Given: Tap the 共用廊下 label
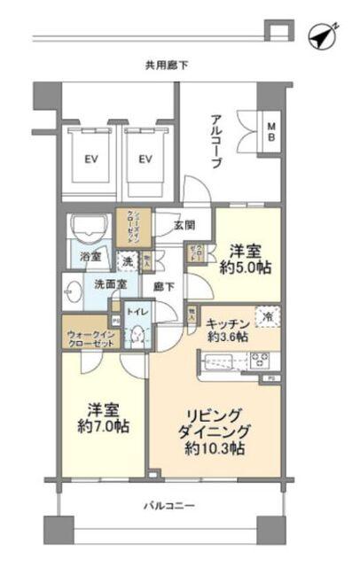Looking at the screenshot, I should tap(168, 65).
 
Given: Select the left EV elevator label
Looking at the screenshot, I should tap(90, 159).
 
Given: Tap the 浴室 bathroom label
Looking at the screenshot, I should tap(90, 258).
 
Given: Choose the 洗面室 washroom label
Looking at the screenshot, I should tap(110, 284).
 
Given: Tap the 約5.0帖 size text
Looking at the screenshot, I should tap(252, 268).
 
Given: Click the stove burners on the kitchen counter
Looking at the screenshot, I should tap(261, 360).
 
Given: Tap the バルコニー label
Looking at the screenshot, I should tap(169, 506).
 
